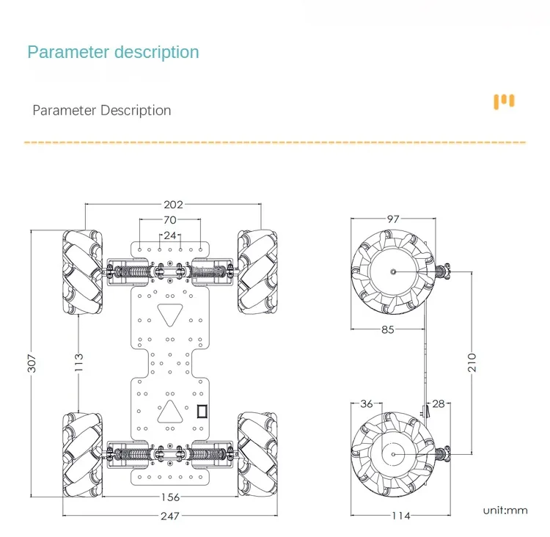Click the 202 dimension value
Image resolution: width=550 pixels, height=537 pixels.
(174, 205)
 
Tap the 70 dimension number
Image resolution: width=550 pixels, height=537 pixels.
(170, 220)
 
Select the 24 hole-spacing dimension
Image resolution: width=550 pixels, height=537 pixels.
(170, 235)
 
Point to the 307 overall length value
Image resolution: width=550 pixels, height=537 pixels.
(32, 364)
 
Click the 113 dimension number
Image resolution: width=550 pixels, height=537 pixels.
(78, 362)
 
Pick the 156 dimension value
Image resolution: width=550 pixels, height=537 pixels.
(170, 497)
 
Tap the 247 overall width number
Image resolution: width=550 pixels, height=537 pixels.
(170, 516)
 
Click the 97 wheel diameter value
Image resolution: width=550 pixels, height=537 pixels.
(393, 219)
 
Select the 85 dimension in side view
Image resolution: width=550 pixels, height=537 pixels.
(387, 329)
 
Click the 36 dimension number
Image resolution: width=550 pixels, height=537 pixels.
(367, 404)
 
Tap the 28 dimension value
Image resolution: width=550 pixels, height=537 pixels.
(439, 404)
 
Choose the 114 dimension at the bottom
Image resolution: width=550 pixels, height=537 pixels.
(400, 516)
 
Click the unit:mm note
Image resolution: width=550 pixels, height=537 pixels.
(505, 510)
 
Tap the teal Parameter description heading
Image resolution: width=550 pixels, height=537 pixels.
(113, 52)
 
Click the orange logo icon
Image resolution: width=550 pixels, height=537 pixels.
(504, 101)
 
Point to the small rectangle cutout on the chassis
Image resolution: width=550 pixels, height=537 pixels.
(202, 411)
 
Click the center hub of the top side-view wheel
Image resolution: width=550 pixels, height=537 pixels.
(393, 271)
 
